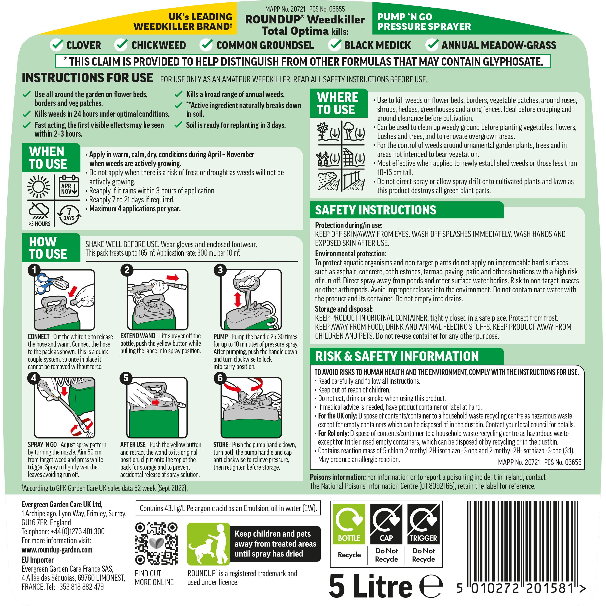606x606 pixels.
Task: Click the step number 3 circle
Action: tap(220, 270)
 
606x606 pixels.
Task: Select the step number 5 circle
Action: tap(126, 378)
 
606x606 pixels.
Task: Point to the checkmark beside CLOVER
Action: tap(57, 45)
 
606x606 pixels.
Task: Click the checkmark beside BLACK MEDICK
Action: tap(335, 45)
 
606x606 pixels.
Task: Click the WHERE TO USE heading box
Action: tap(338, 103)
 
